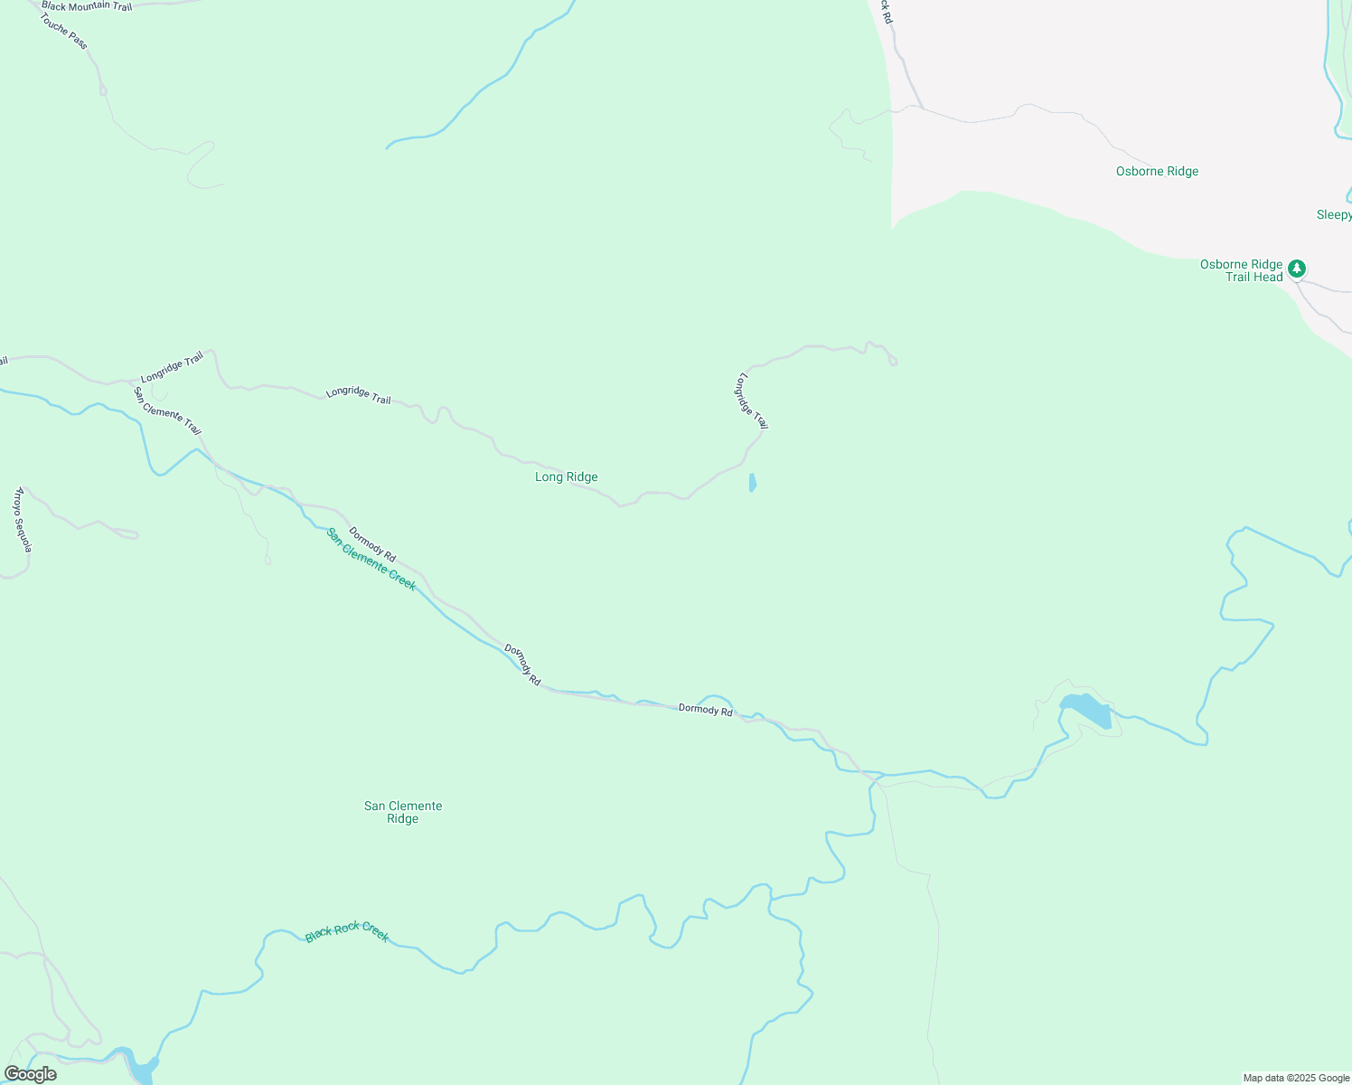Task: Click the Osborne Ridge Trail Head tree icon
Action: (x=1297, y=269)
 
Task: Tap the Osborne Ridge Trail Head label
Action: (x=1242, y=270)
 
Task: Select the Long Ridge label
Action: (x=567, y=477)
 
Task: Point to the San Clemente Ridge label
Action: (x=403, y=812)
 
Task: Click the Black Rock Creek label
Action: (x=347, y=931)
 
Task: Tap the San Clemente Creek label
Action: (x=371, y=559)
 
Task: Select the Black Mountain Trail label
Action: (x=87, y=6)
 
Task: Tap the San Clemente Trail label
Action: (x=167, y=411)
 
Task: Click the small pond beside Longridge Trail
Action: (x=752, y=483)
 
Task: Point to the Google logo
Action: (x=30, y=1074)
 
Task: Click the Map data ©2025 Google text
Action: (x=1295, y=1078)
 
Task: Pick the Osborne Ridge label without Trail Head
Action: (x=1157, y=171)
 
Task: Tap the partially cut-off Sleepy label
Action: (x=1334, y=214)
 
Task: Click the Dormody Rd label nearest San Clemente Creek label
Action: (x=372, y=544)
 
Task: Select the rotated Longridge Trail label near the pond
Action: (x=753, y=401)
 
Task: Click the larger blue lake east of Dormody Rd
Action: (x=1086, y=710)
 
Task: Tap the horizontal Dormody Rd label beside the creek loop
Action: (x=705, y=710)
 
